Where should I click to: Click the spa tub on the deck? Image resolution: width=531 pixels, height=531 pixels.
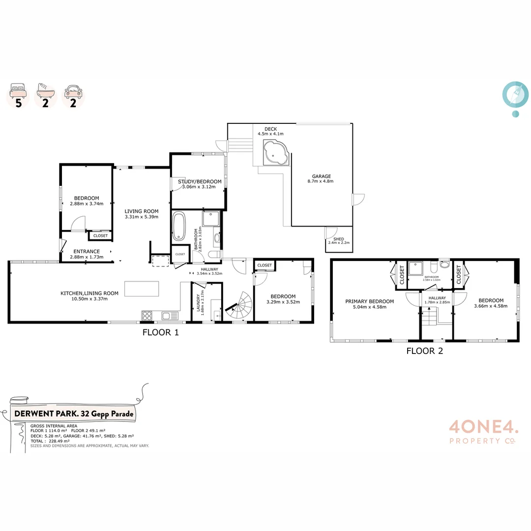(x=275, y=152)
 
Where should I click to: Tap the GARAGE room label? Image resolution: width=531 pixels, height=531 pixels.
(x=322, y=176)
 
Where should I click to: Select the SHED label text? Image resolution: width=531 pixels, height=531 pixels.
(x=338, y=239)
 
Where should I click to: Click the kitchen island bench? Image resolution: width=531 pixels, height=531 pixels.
(x=142, y=289)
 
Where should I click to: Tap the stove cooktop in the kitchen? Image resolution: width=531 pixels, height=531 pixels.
(x=147, y=316)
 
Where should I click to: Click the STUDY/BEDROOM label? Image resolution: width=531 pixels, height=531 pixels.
(x=200, y=181)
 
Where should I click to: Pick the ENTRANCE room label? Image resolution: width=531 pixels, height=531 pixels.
(x=87, y=251)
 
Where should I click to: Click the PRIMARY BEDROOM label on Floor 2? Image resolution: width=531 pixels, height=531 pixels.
(x=369, y=301)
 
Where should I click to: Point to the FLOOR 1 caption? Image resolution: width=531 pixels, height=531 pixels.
(x=160, y=332)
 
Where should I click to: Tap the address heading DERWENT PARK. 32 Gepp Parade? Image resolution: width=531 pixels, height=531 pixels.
(x=74, y=414)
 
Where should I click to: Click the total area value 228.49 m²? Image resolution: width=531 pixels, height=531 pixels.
(x=57, y=441)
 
